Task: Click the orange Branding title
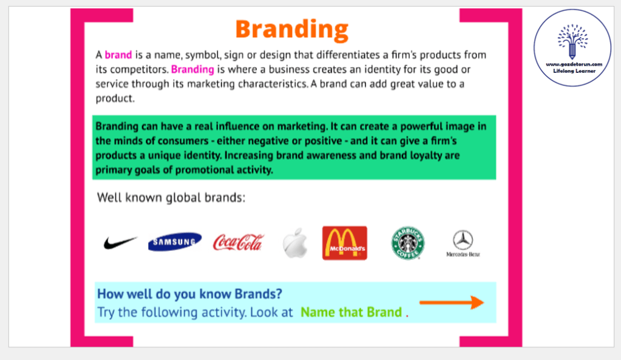[x=292, y=30]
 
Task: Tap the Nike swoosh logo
[x=120, y=242]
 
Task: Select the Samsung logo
[x=175, y=242]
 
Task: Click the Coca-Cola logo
[x=238, y=242]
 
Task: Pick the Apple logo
[x=295, y=243]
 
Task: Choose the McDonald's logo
[x=345, y=243]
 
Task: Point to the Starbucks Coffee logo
[x=408, y=243]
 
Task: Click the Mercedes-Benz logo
[x=463, y=243]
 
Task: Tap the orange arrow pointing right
[x=452, y=302]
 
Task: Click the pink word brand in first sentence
[x=118, y=55]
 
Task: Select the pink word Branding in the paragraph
[x=192, y=70]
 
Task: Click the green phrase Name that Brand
[x=351, y=312]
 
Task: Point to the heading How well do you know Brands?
[x=190, y=294]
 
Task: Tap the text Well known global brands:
[x=171, y=197]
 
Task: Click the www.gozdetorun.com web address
[x=574, y=64]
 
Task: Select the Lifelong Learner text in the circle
[x=574, y=71]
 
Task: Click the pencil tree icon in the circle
[x=572, y=41]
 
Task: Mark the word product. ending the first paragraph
[x=115, y=98]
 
